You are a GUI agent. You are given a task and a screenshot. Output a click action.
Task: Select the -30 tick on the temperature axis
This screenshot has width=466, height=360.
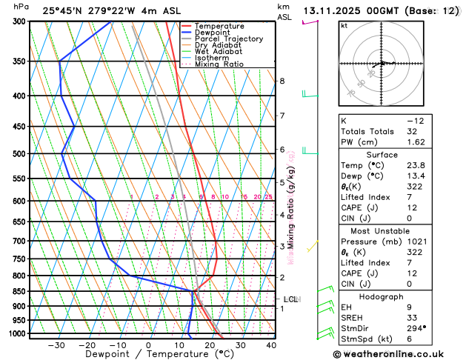(56, 345)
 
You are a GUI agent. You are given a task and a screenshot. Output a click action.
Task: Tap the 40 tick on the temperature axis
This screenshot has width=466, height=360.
(271, 345)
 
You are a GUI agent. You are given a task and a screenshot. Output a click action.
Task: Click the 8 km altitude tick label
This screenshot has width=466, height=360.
(282, 81)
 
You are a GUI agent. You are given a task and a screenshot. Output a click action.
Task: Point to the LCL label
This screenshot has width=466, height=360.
(290, 299)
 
